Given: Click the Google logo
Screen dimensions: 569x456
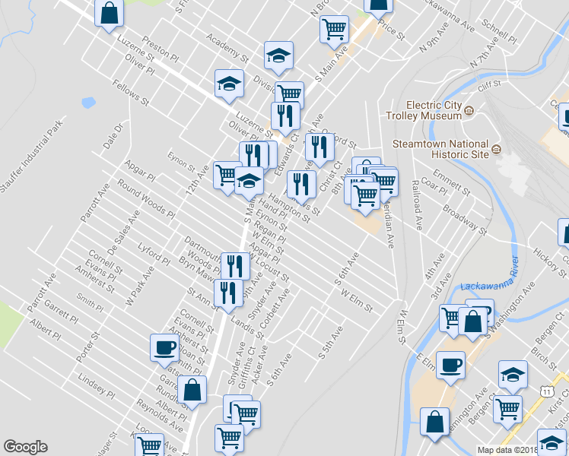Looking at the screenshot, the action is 25,447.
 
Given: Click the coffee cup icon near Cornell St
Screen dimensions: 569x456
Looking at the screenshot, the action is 164,347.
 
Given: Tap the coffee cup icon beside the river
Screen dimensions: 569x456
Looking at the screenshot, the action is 450,364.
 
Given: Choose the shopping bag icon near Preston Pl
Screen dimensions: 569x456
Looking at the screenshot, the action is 110,12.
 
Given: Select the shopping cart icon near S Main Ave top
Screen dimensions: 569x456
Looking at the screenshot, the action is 334,29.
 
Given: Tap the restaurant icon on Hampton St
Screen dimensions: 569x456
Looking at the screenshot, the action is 301,183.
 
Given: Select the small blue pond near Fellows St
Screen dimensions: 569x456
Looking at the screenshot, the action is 88,102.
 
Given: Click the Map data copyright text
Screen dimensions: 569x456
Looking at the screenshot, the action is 507,450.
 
